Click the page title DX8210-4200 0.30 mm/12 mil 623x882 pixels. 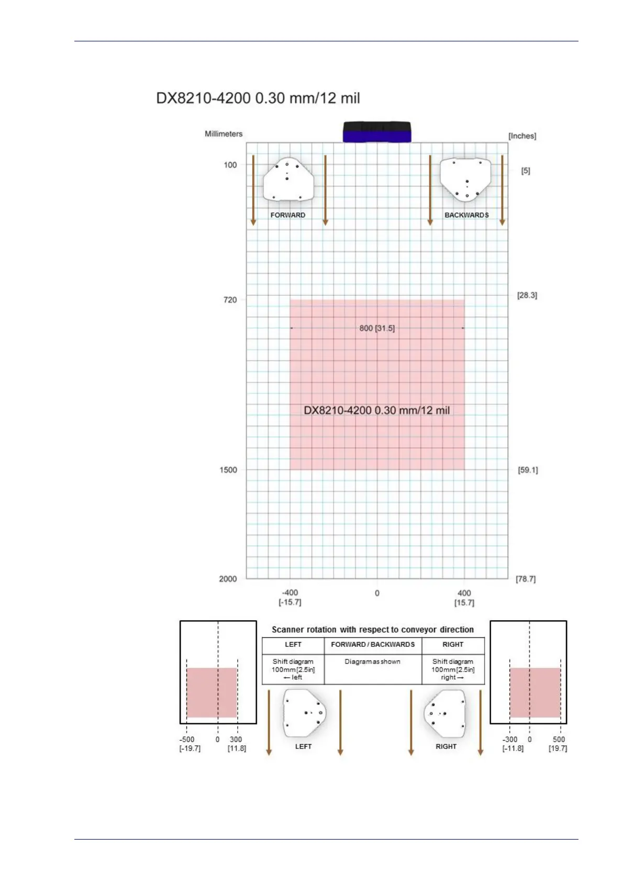click(258, 98)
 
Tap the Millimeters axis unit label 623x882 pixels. click(224, 134)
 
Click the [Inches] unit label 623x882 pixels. click(522, 136)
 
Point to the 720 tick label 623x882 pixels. click(230, 300)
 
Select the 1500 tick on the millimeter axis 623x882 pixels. click(228, 470)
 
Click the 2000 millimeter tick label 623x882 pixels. click(228, 579)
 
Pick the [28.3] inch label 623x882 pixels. click(527, 295)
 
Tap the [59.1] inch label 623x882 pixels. click(528, 470)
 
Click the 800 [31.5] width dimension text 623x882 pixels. click(377, 328)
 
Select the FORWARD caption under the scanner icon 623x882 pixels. click(288, 215)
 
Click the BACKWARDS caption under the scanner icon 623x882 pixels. click(467, 215)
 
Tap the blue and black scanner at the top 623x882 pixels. click(377, 132)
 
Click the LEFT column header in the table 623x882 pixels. click(293, 645)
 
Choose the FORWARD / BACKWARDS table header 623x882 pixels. click(373, 645)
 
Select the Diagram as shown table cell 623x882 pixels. click(373, 661)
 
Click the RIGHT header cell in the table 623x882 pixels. click(453, 645)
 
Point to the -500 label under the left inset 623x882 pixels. click(187, 740)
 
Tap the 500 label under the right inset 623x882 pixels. click(559, 740)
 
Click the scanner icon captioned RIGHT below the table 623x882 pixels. click(445, 713)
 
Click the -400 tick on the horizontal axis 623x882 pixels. click(290, 593)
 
